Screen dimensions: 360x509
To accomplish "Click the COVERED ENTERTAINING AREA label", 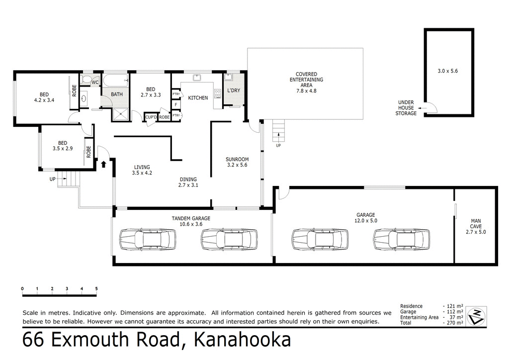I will point(306,83).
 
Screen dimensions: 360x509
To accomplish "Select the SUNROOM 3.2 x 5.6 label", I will point(237,162).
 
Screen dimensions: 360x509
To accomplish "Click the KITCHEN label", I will point(197,98).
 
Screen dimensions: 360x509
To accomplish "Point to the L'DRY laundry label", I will point(233,90).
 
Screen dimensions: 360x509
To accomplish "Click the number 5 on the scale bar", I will point(96,288).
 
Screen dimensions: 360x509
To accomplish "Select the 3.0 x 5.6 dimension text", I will point(447,71).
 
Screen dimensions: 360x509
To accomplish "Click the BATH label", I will point(117,94).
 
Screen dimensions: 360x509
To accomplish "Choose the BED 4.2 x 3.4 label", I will point(44,97).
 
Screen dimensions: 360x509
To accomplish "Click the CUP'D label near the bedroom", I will point(151,117).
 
